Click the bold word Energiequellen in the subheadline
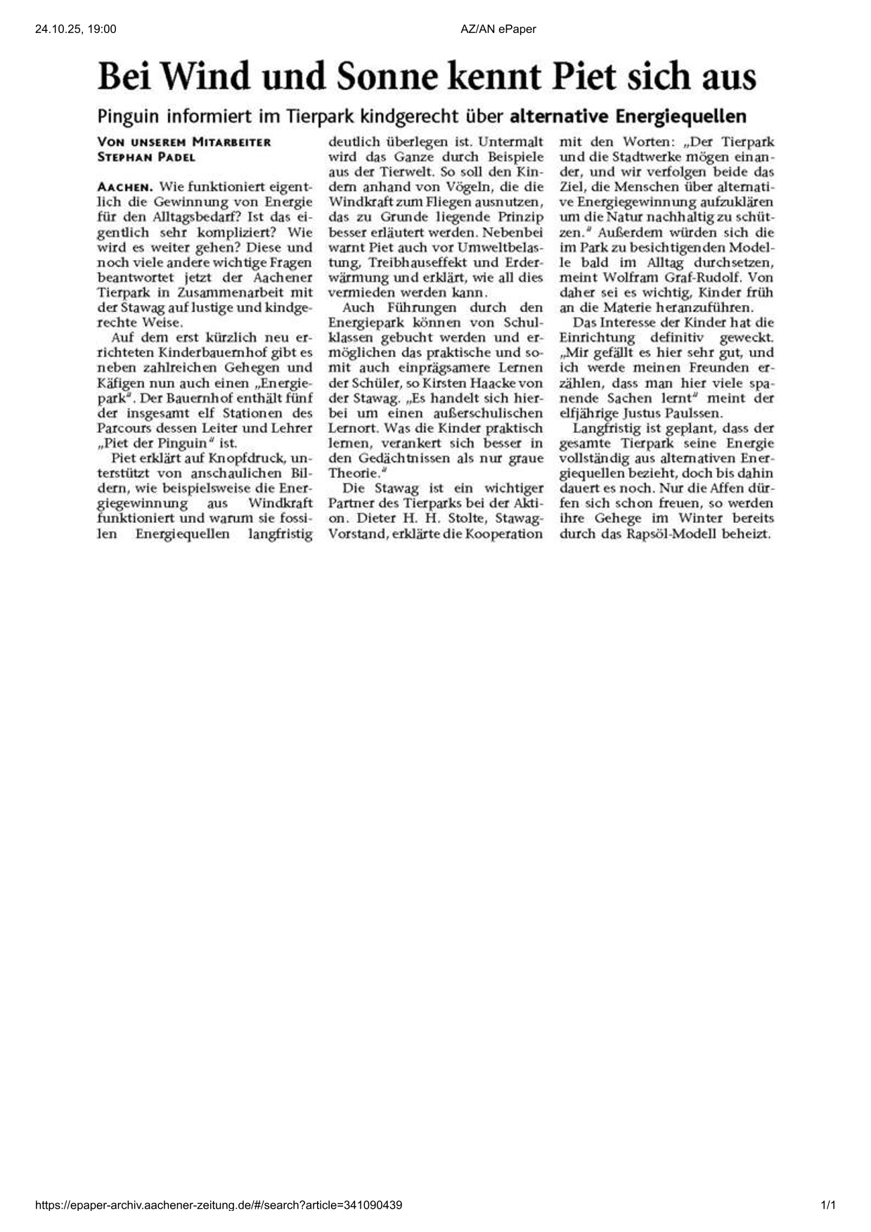(x=681, y=116)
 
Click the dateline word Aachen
(x=124, y=187)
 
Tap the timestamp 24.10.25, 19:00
(x=75, y=29)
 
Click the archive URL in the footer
(x=219, y=1205)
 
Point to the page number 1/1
(x=828, y=1205)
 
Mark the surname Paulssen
(x=683, y=413)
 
